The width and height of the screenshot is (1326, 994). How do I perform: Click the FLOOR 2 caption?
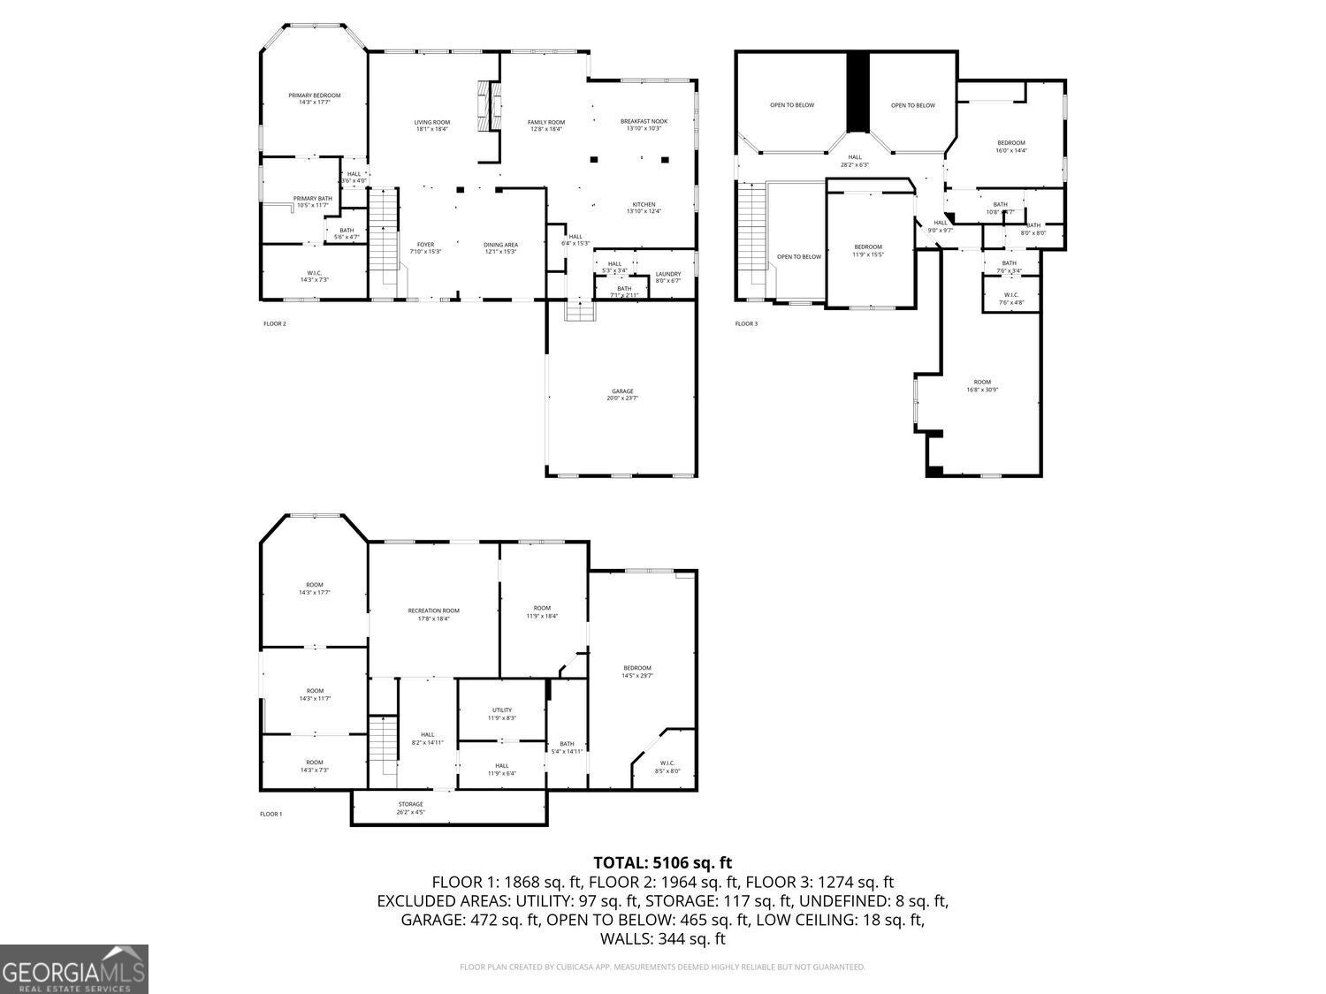click(x=275, y=323)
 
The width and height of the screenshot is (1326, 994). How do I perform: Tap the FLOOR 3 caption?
click(x=746, y=323)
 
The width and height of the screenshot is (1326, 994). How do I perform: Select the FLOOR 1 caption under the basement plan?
click(x=271, y=814)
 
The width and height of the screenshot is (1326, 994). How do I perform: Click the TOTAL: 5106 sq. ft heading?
click(x=662, y=862)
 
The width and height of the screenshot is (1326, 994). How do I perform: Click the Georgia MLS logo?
click(x=74, y=968)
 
